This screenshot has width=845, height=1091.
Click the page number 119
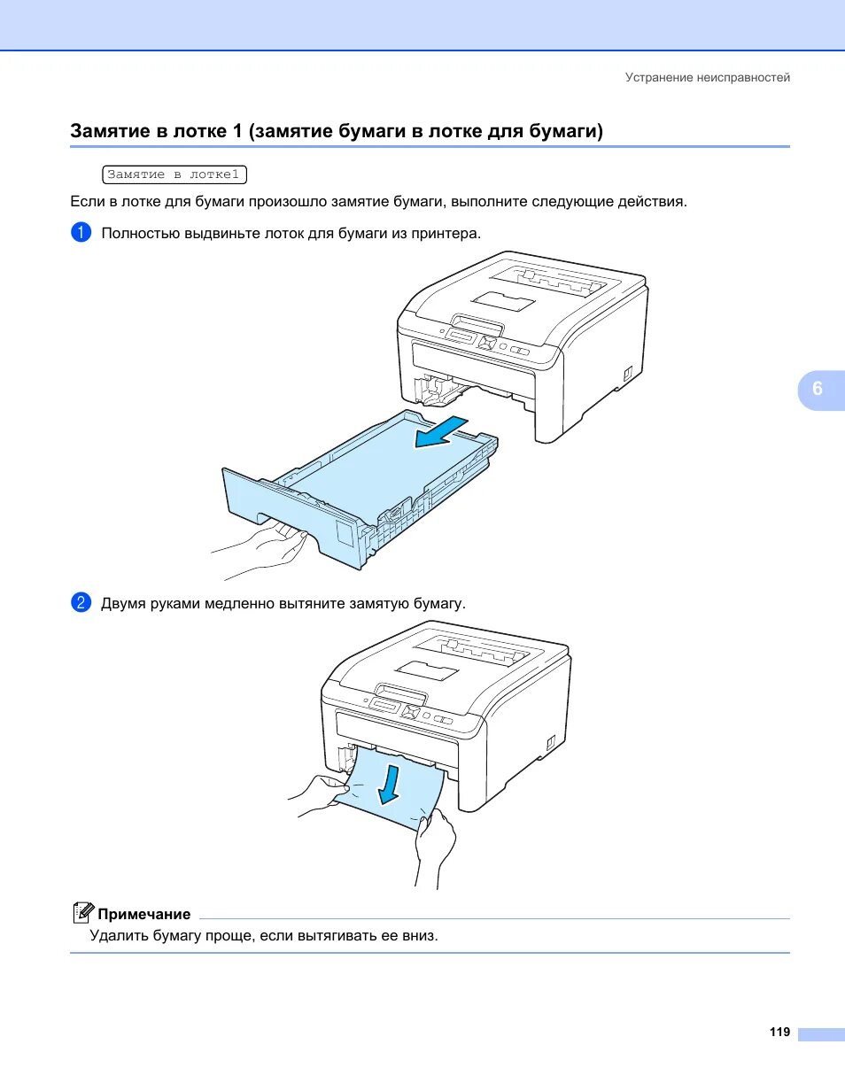779,1033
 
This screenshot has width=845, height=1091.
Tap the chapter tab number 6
817,389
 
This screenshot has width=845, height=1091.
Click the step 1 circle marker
81,233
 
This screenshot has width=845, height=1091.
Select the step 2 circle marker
81,603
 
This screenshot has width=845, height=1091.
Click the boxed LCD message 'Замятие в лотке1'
174,174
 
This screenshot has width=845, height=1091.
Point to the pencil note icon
83,913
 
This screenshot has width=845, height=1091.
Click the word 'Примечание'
144,914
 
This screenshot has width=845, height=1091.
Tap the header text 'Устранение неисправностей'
707,78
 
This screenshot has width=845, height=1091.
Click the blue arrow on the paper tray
441,431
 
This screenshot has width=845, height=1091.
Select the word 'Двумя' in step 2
122,604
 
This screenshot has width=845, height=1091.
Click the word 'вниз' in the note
420,935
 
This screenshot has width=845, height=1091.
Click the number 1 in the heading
236,131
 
